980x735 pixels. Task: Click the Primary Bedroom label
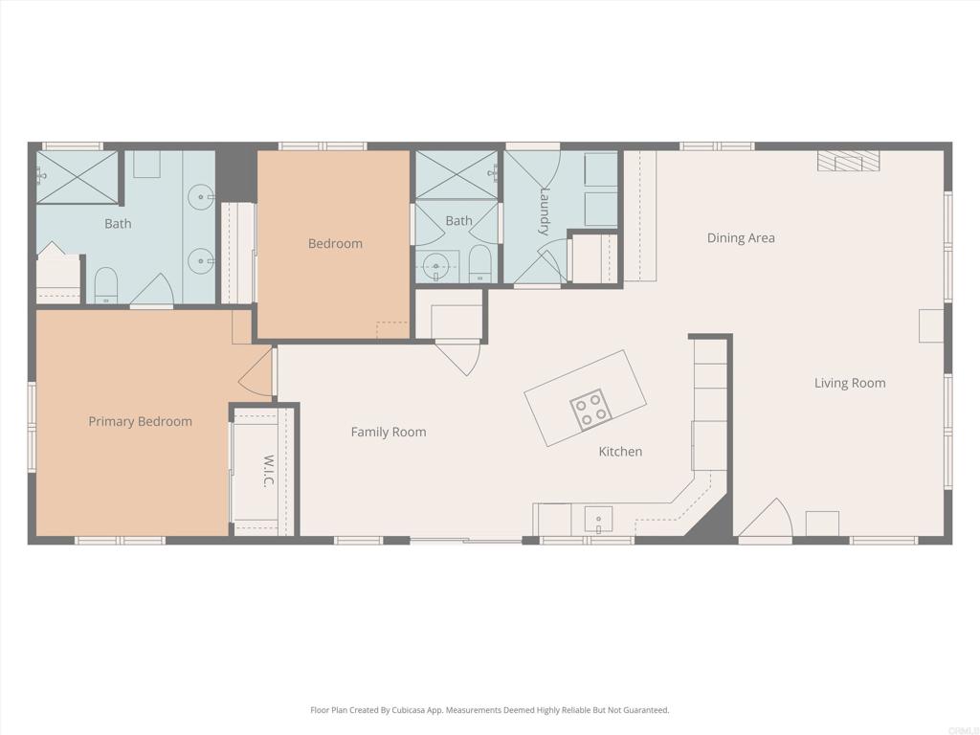point(140,421)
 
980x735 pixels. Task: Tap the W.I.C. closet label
point(269,471)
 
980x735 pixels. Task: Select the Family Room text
point(389,432)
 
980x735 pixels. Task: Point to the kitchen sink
point(599,521)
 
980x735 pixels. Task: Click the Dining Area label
point(740,237)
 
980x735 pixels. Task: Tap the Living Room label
point(850,383)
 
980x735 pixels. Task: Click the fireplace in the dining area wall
point(848,161)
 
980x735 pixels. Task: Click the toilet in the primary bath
point(106,285)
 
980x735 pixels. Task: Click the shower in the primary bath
point(77,176)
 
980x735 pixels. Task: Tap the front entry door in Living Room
point(767,522)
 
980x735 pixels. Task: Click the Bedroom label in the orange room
point(335,243)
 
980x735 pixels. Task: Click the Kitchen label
point(620,451)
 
